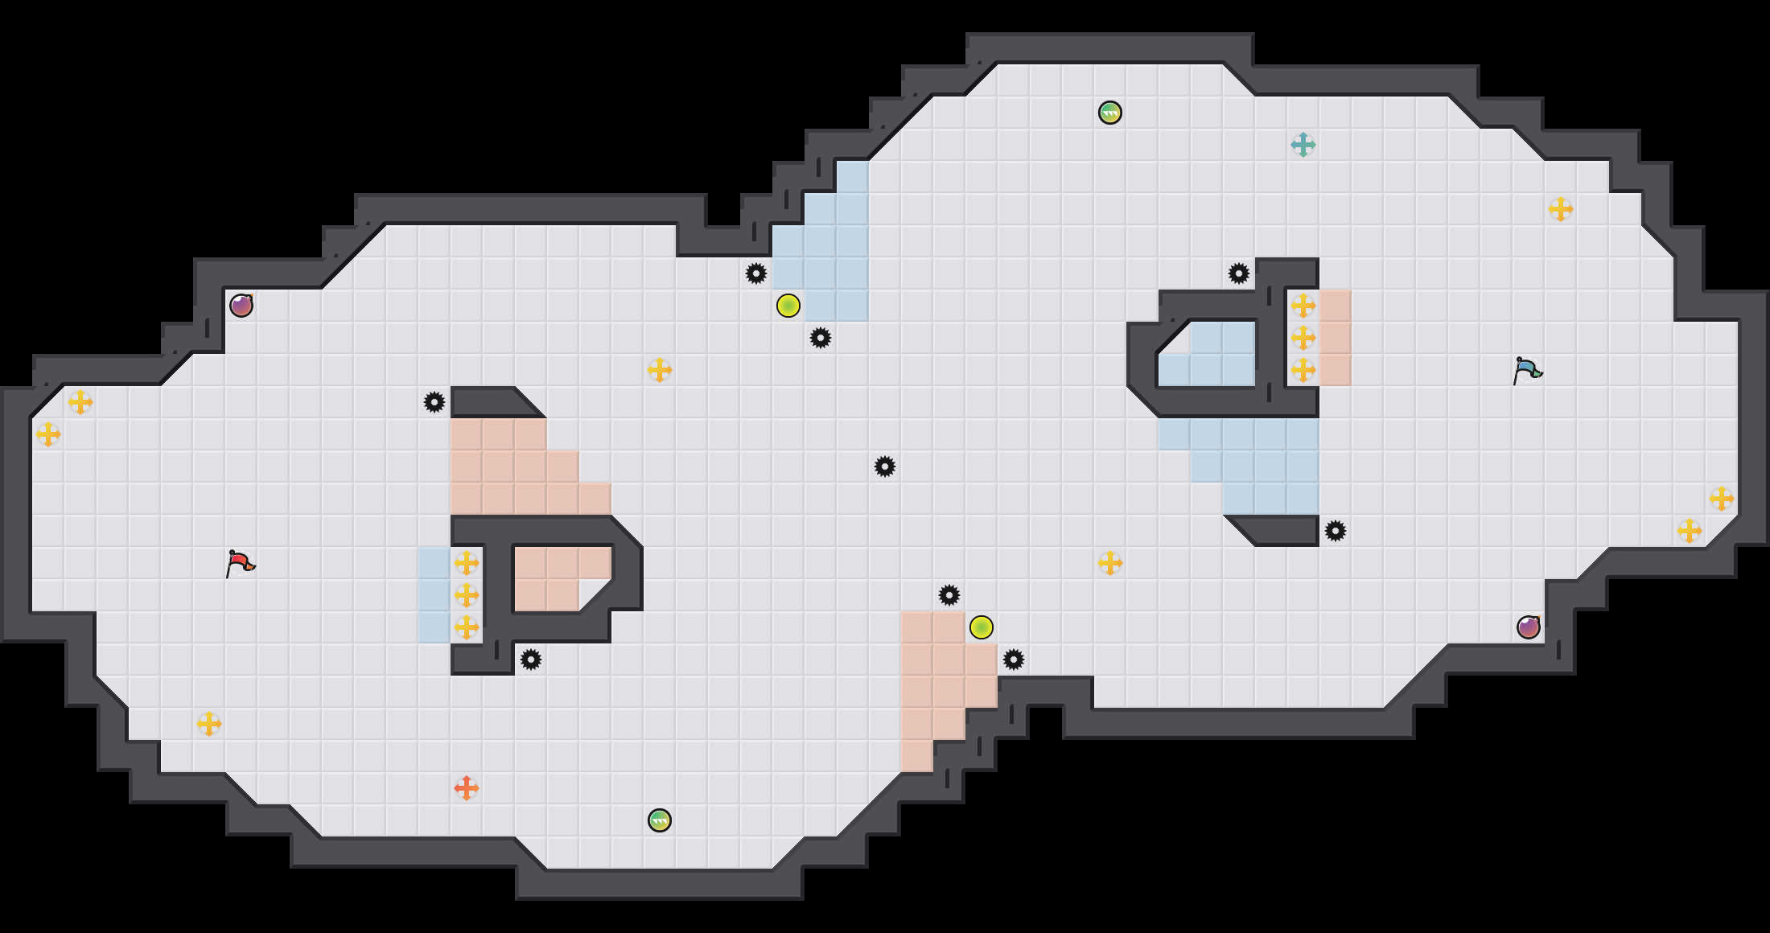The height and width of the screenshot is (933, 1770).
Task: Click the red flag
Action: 240,563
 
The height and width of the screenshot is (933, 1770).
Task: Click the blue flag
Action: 1527,370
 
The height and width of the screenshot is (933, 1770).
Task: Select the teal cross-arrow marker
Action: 1303,145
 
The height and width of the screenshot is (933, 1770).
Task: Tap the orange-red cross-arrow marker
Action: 466,788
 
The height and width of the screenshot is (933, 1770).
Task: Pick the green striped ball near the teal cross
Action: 1109,113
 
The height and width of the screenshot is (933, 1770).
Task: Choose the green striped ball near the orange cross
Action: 659,820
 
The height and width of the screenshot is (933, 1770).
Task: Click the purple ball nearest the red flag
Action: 241,306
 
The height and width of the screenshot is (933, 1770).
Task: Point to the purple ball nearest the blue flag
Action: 1528,627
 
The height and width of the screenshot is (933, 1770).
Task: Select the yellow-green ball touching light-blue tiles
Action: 788,306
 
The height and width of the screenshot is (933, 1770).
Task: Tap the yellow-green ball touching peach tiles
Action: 981,627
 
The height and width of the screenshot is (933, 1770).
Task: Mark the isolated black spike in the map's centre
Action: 884,466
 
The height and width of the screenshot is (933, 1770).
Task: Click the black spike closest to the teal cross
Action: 1238,273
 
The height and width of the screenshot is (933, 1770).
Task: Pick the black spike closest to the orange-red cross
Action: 530,660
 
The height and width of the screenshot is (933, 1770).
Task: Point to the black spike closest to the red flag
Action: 434,402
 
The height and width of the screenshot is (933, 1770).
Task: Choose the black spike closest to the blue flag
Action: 1335,531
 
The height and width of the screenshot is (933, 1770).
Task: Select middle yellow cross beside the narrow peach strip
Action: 1303,338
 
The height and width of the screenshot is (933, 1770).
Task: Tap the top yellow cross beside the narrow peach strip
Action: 1303,306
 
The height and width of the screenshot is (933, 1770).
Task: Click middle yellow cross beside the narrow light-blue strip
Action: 466,595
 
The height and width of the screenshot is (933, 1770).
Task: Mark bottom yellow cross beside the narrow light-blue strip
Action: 466,627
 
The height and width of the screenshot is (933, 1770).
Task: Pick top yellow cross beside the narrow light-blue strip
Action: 466,563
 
